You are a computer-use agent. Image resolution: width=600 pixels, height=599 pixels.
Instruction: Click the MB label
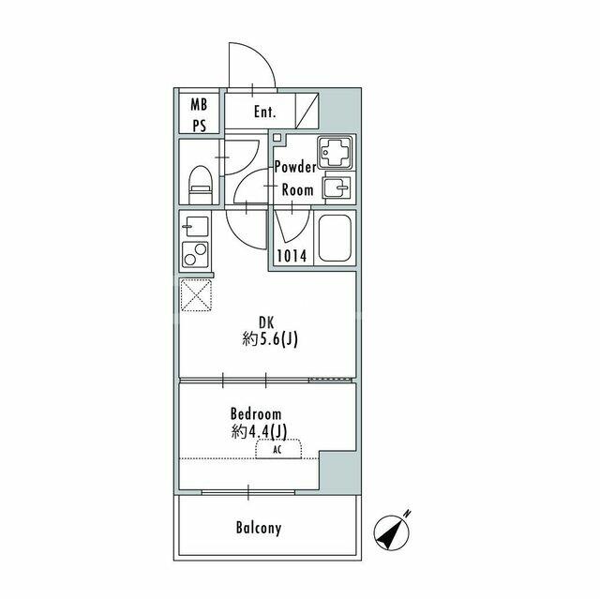click(199, 104)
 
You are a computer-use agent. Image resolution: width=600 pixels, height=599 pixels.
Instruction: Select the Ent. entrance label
click(264, 112)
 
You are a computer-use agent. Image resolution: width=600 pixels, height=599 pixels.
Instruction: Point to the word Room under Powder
click(297, 188)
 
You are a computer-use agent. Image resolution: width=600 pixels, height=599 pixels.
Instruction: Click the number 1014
click(291, 256)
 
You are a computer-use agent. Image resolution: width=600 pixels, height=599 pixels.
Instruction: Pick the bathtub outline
click(335, 239)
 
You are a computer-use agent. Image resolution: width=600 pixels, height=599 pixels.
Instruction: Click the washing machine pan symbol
click(335, 151)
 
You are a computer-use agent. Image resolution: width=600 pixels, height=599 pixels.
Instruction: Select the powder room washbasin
click(336, 187)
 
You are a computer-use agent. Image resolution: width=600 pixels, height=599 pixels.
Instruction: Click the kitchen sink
click(196, 227)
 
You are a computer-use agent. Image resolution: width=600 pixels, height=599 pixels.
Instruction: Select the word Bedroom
click(256, 412)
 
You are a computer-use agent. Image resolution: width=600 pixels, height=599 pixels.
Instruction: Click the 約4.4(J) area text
click(262, 431)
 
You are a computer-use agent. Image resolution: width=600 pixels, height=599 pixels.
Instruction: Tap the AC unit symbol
click(278, 449)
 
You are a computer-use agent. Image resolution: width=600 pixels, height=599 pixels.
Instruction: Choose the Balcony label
click(258, 528)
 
